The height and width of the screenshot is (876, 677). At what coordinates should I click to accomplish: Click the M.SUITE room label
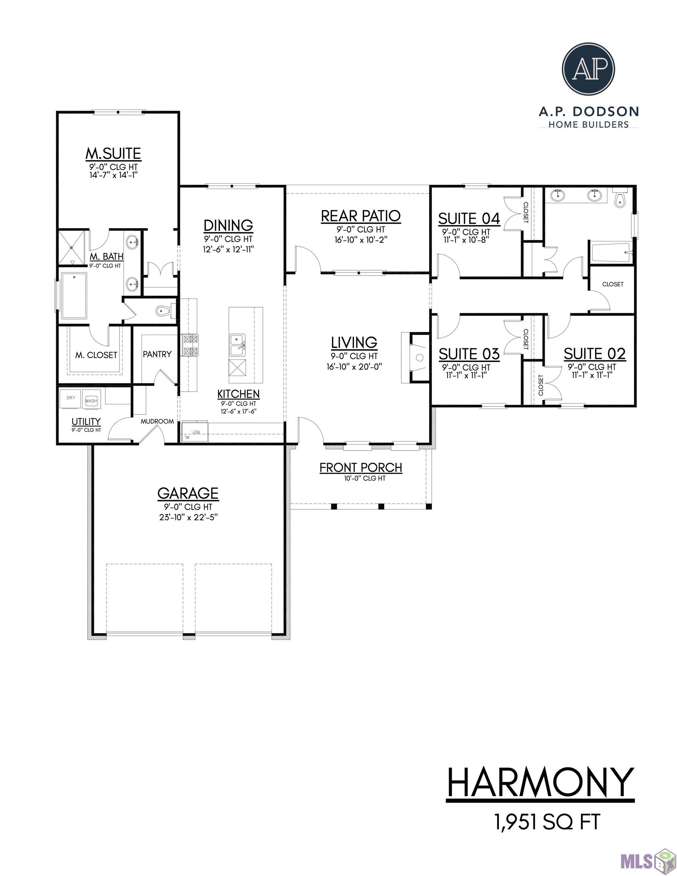click(113, 153)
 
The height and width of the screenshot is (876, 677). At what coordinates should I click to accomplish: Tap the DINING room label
click(228, 225)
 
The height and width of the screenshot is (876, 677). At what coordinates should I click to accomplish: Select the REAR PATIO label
click(361, 216)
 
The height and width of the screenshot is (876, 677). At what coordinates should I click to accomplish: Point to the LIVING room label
click(354, 342)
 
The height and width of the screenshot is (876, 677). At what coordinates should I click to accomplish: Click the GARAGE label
click(188, 493)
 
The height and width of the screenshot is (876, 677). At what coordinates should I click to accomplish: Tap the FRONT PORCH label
click(361, 467)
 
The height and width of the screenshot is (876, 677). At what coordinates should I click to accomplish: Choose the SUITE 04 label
click(469, 219)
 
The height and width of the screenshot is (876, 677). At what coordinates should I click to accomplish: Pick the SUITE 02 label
click(594, 354)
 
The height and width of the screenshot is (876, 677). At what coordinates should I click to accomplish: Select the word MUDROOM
click(157, 421)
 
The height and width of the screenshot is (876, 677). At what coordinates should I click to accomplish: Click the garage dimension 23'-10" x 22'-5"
click(188, 517)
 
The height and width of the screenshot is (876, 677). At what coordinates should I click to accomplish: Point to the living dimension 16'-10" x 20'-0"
click(354, 366)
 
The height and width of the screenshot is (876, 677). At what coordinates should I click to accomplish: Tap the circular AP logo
click(588, 68)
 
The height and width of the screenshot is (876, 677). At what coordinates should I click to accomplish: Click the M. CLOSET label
click(96, 355)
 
